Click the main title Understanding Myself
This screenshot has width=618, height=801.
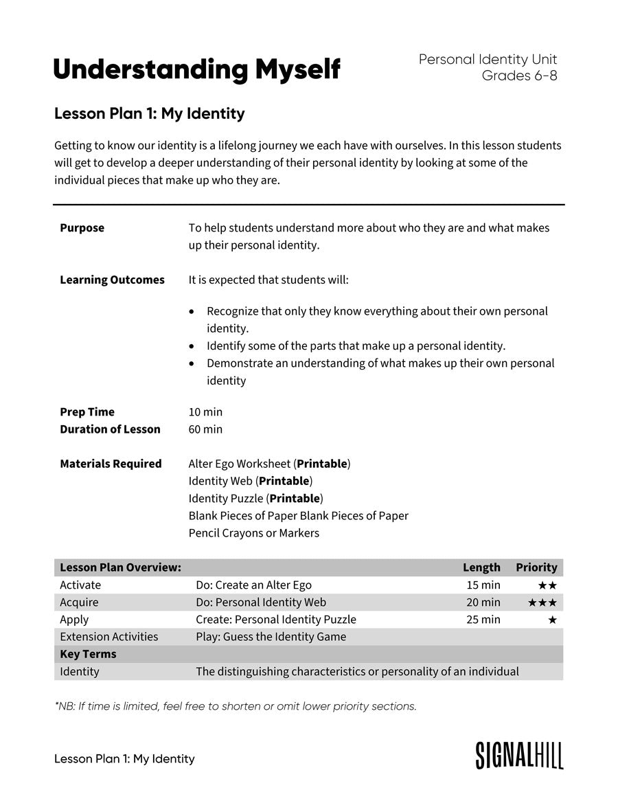tap(196, 70)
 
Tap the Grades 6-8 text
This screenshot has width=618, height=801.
tap(519, 76)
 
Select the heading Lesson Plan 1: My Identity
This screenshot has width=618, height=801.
tap(149, 114)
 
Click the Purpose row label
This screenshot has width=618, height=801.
tap(82, 228)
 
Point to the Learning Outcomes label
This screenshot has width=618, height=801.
tap(112, 280)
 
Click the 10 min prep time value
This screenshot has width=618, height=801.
tap(205, 412)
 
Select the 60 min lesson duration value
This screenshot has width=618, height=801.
tap(205, 429)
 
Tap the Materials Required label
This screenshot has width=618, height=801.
tap(111, 464)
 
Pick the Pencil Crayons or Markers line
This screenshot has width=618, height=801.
tap(253, 533)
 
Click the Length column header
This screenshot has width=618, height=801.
tap(481, 567)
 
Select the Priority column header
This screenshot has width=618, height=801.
tap(536, 567)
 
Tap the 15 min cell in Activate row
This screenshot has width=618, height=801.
tap(483, 585)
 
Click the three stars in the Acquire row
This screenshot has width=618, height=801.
tap(542, 603)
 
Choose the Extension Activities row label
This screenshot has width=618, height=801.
tap(108, 637)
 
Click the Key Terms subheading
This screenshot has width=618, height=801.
tap(88, 654)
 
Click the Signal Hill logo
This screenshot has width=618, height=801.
tap(519, 755)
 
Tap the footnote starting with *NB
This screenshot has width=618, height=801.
tap(236, 706)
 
